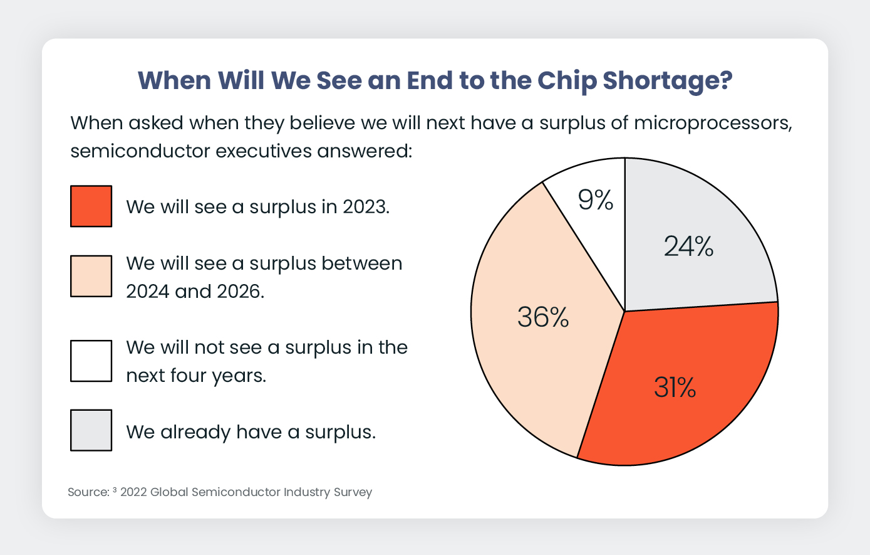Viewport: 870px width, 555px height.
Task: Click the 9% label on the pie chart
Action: (595, 200)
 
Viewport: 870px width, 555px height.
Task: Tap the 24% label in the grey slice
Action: (688, 246)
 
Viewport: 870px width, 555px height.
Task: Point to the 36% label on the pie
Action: (543, 317)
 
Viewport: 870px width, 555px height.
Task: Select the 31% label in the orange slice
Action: (675, 388)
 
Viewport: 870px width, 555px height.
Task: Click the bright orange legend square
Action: (91, 206)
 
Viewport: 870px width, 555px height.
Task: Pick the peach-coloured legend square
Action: (91, 276)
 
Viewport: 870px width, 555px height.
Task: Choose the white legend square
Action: (91, 361)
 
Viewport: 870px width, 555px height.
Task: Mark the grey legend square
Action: (91, 430)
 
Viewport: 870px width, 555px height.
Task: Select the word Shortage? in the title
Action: (667, 82)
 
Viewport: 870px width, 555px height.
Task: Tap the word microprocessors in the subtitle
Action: (713, 123)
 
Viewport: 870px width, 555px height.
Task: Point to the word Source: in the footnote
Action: (88, 492)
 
